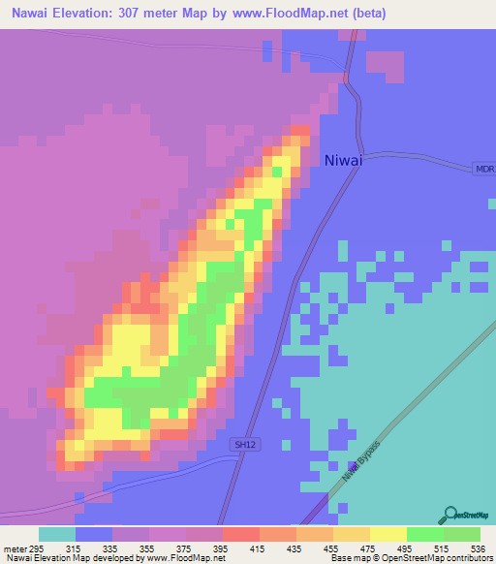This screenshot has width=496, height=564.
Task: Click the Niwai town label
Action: pos(344,161)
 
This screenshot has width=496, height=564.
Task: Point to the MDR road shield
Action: pos(484,169)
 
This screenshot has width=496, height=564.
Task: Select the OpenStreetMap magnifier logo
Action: pos(449,516)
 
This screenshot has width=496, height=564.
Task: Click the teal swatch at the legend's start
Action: pos(56,534)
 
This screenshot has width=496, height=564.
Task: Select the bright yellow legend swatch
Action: pos(387,534)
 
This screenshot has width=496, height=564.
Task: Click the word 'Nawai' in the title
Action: pos(28,14)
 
